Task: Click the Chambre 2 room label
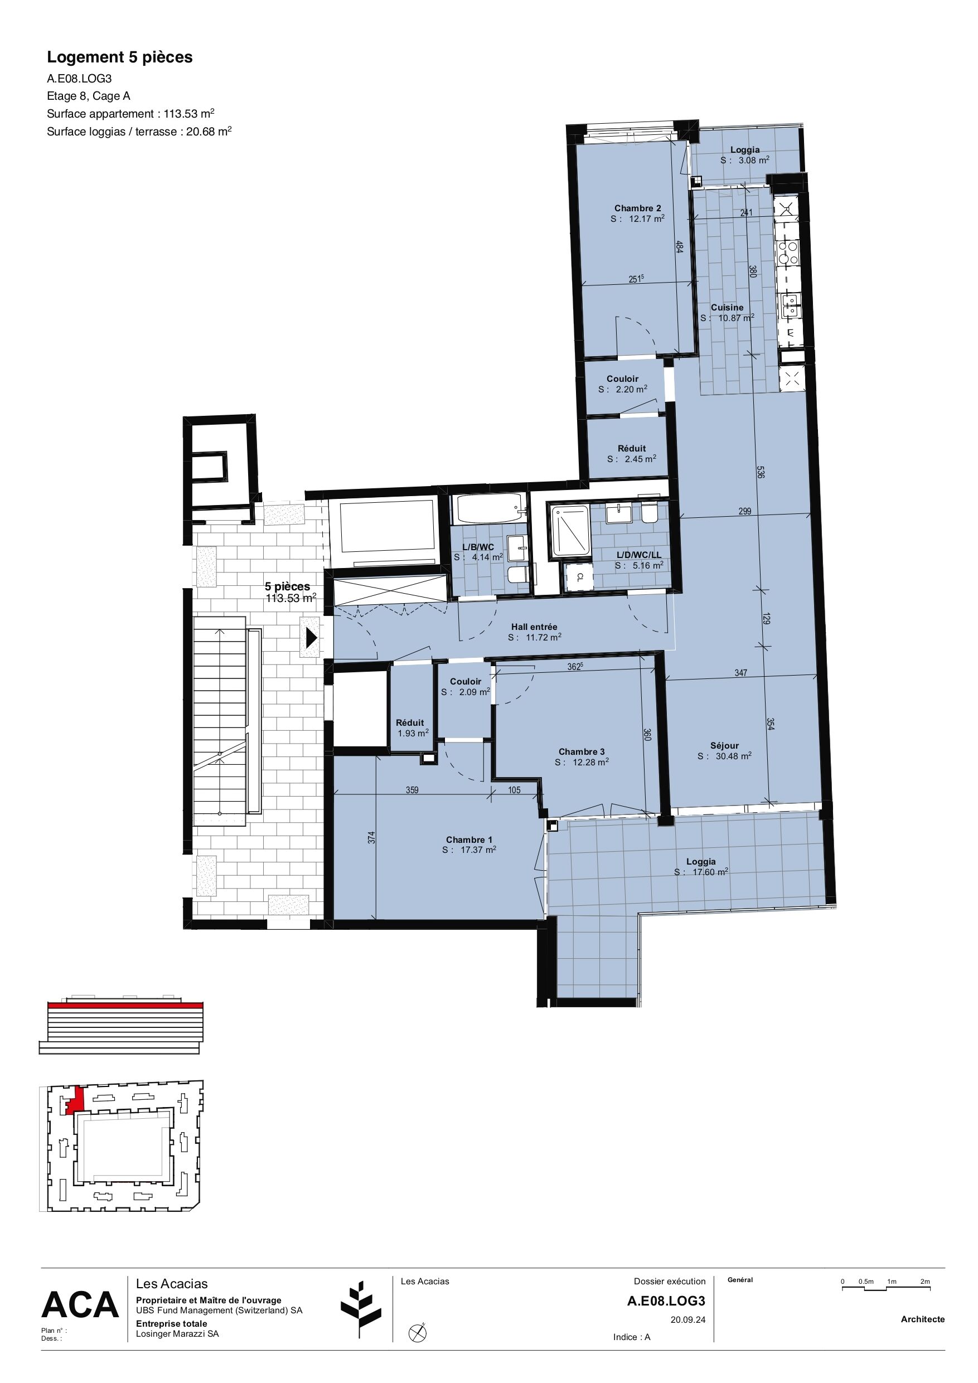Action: (637, 208)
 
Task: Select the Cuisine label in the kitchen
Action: (727, 307)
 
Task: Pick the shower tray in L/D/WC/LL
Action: (570, 530)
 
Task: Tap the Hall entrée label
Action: (534, 627)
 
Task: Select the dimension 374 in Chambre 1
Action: (371, 837)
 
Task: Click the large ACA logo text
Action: (80, 1305)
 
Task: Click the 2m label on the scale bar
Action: (925, 1281)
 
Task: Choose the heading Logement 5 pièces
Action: (120, 57)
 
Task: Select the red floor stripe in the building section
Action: (125, 1005)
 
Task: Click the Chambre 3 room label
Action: (582, 752)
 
